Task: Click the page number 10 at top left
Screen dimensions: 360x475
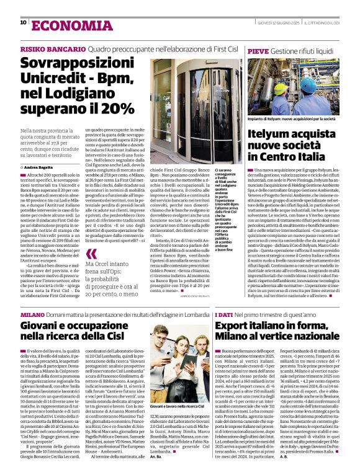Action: tap(23, 22)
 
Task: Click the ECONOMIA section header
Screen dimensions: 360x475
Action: tap(60, 24)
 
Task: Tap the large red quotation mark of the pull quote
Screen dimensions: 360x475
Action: tap(91, 253)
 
